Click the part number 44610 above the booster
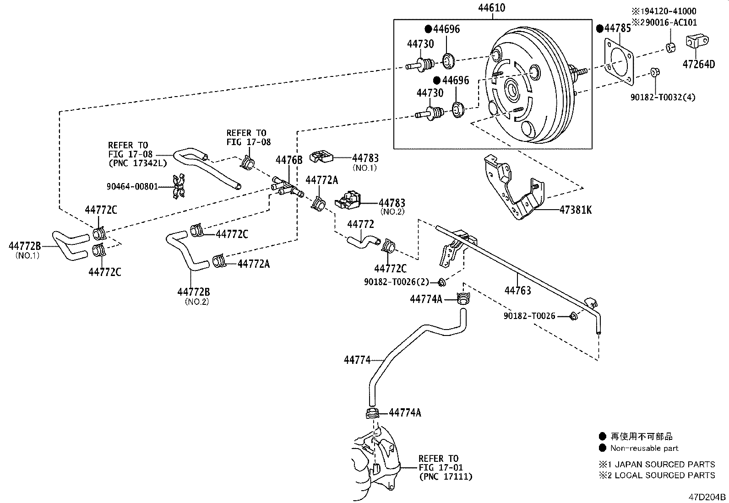[492, 8]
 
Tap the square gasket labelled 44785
[619, 61]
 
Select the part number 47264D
[698, 64]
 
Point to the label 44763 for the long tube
[517, 290]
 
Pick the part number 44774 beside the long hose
[357, 360]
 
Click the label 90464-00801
[132, 186]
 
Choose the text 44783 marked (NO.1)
[365, 158]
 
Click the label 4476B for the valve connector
[289, 160]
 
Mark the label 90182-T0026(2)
[397, 282]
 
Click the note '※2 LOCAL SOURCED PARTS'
[657, 475]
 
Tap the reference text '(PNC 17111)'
[446, 476]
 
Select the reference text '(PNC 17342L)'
[138, 162]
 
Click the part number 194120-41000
[668, 11]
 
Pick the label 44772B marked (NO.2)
[194, 292]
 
